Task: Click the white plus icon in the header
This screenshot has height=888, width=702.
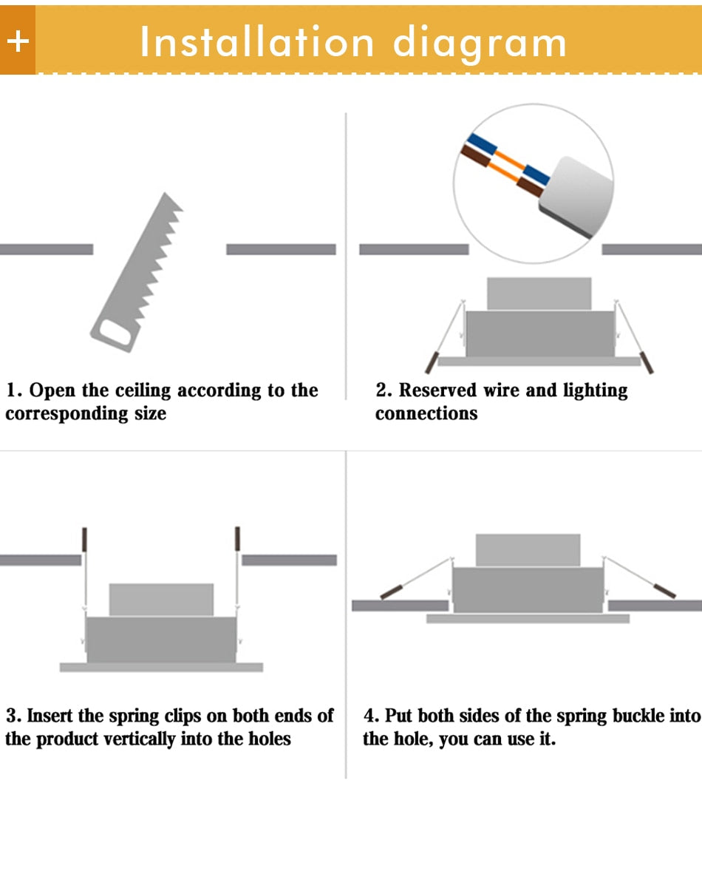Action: tap(18, 41)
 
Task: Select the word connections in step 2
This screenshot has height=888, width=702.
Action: tap(426, 413)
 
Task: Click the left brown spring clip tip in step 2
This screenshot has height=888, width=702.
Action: tap(430, 362)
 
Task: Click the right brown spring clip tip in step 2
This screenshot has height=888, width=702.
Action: tap(648, 362)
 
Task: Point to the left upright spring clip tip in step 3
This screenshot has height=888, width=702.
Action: tap(84, 538)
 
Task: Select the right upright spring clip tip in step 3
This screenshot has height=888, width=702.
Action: tap(237, 538)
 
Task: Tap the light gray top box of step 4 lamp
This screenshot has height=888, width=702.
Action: tap(528, 550)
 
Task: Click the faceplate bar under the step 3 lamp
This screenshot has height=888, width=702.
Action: tap(161, 667)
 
